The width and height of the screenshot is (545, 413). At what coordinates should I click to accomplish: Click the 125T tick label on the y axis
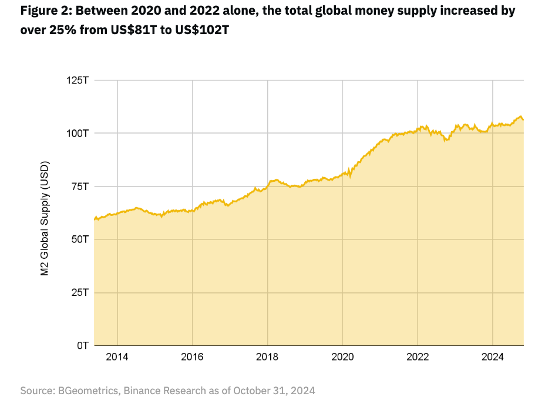(x=77, y=80)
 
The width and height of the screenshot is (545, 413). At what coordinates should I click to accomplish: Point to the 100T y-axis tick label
(x=77, y=133)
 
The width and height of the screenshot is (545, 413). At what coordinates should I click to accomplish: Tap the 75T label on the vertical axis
(x=79, y=186)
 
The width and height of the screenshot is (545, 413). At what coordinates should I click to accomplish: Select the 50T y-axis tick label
(x=79, y=239)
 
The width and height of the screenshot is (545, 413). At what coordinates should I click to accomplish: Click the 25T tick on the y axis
(x=79, y=292)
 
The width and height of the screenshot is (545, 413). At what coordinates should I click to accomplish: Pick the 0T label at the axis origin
(x=82, y=345)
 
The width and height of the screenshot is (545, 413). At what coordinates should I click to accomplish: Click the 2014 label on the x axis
(x=117, y=357)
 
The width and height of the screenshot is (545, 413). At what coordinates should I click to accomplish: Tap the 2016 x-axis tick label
(x=192, y=357)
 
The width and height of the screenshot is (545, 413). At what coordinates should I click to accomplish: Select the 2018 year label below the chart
(x=267, y=357)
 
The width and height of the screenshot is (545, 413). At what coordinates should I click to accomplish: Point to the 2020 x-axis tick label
(x=342, y=357)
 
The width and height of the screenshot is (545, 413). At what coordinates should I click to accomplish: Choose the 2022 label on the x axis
(x=418, y=357)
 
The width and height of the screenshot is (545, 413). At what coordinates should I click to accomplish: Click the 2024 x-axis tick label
(x=492, y=357)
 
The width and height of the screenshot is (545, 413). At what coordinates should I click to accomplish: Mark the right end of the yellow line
(x=523, y=119)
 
